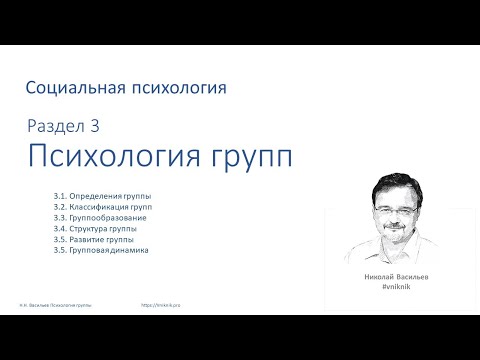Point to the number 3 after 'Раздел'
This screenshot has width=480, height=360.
[95, 126]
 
